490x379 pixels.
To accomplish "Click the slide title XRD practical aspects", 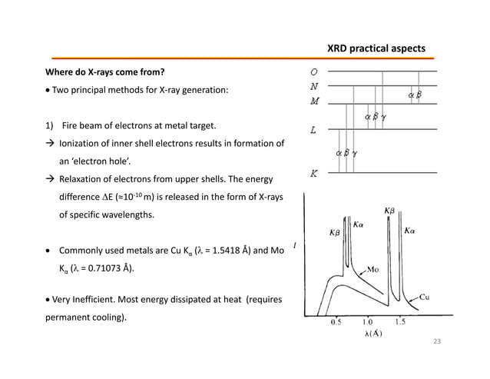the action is coord(376,48).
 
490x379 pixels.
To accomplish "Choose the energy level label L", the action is coord(314,131).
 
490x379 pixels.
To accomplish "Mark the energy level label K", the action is coord(315,175).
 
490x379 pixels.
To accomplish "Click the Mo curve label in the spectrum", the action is coord(374,270).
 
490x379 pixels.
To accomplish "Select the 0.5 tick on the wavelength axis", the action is coord(336,322).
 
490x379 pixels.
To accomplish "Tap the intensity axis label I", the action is coord(295,247).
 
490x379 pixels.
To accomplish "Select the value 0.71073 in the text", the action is coord(91,268).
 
